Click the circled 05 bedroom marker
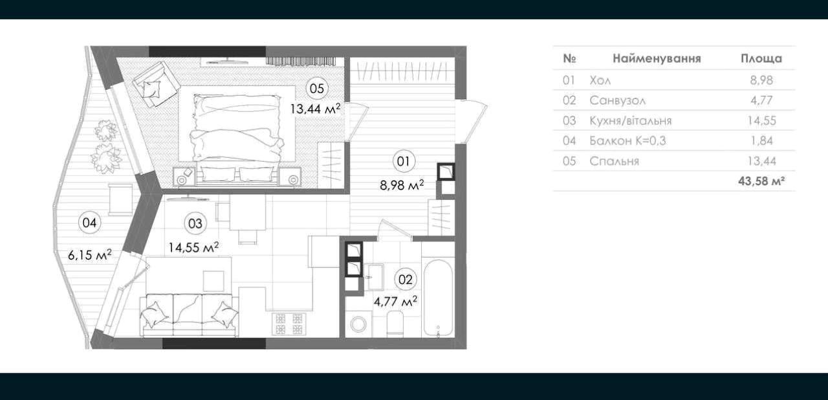point(317,89)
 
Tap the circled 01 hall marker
point(403,162)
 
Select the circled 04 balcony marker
point(90,223)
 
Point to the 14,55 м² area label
point(193,247)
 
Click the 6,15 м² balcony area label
point(90,255)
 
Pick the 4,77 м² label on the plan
point(395,301)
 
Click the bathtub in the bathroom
point(438,298)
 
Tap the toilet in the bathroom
point(395,324)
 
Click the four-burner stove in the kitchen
point(289,324)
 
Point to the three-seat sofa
point(190,315)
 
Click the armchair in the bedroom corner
point(155,85)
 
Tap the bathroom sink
point(375,276)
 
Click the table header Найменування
point(657,58)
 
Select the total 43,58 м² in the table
point(762,181)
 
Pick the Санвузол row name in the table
point(617,100)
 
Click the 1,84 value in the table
point(761,141)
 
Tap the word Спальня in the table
point(614,161)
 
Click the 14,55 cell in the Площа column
point(761,121)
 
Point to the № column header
point(570,58)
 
